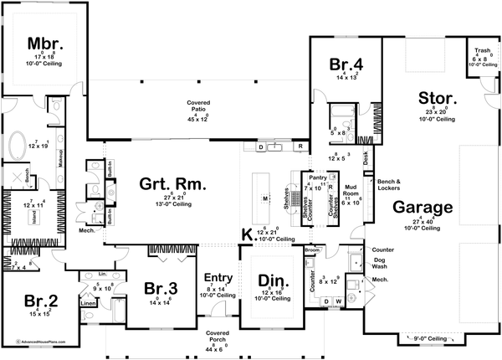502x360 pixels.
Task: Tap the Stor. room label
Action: click(438, 99)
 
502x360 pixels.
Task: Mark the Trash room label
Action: click(482, 50)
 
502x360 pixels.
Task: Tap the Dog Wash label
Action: click(382, 265)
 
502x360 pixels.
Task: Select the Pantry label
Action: click(316, 177)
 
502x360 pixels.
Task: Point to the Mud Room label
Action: click(352, 188)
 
